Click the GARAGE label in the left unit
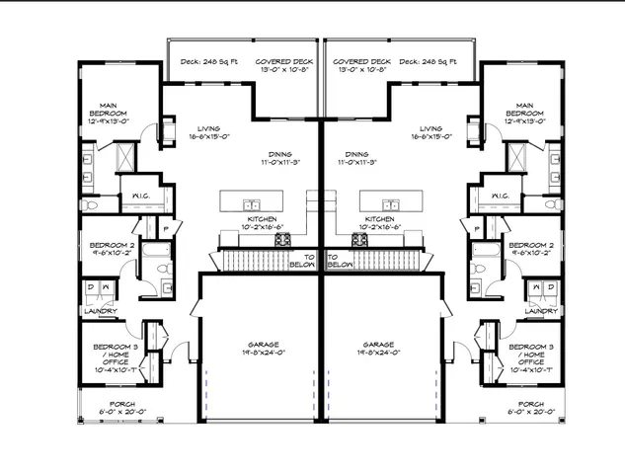click(x=259, y=346)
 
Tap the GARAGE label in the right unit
click(x=379, y=346)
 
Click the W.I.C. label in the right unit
click(x=499, y=196)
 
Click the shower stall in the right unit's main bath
click(x=513, y=156)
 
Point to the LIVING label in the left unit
click(x=208, y=128)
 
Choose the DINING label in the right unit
click(x=357, y=154)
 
